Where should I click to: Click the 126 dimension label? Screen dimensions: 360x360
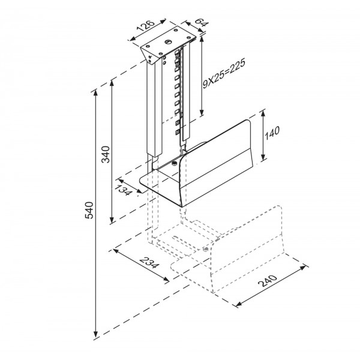[145, 26]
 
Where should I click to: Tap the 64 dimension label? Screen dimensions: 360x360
[202, 22]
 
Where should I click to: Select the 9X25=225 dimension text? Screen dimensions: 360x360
[224, 73]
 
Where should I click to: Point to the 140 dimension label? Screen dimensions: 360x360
[272, 133]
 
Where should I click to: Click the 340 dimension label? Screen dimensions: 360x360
[106, 154]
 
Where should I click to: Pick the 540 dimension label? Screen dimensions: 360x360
[89, 210]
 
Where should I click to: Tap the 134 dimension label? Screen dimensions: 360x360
[123, 190]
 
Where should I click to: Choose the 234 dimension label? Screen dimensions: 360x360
[149, 263]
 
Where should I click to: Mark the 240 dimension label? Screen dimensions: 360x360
[268, 281]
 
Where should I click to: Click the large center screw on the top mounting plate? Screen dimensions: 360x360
[168, 42]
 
